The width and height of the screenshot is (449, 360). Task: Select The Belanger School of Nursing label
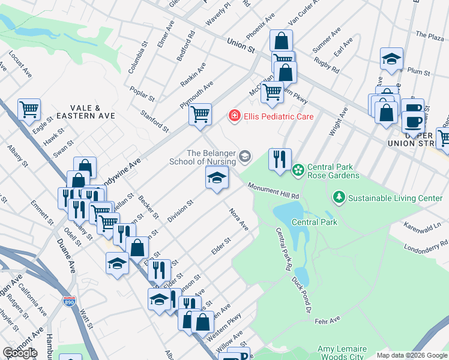(x=212, y=157)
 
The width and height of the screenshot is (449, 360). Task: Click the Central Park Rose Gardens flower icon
(x=298, y=171)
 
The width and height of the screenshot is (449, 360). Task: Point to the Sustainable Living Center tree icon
(x=339, y=197)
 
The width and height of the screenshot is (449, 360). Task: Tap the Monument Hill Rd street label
(x=274, y=191)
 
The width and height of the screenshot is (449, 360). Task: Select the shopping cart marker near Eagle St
(x=29, y=110)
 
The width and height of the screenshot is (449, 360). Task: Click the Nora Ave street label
(x=239, y=219)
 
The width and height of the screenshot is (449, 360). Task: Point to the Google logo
(x=20, y=353)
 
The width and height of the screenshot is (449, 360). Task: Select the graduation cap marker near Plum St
(x=391, y=59)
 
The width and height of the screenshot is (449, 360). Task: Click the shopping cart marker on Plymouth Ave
(x=200, y=113)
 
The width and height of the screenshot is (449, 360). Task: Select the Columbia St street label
(x=137, y=58)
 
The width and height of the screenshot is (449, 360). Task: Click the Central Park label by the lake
(x=315, y=222)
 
